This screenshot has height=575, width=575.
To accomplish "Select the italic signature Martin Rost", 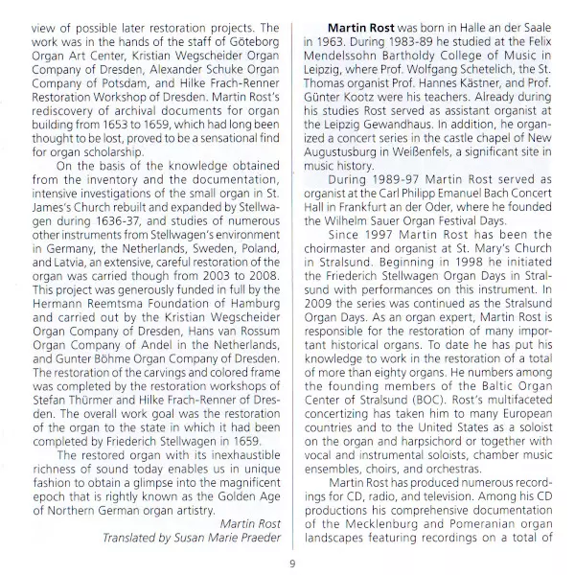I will point(245,521).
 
